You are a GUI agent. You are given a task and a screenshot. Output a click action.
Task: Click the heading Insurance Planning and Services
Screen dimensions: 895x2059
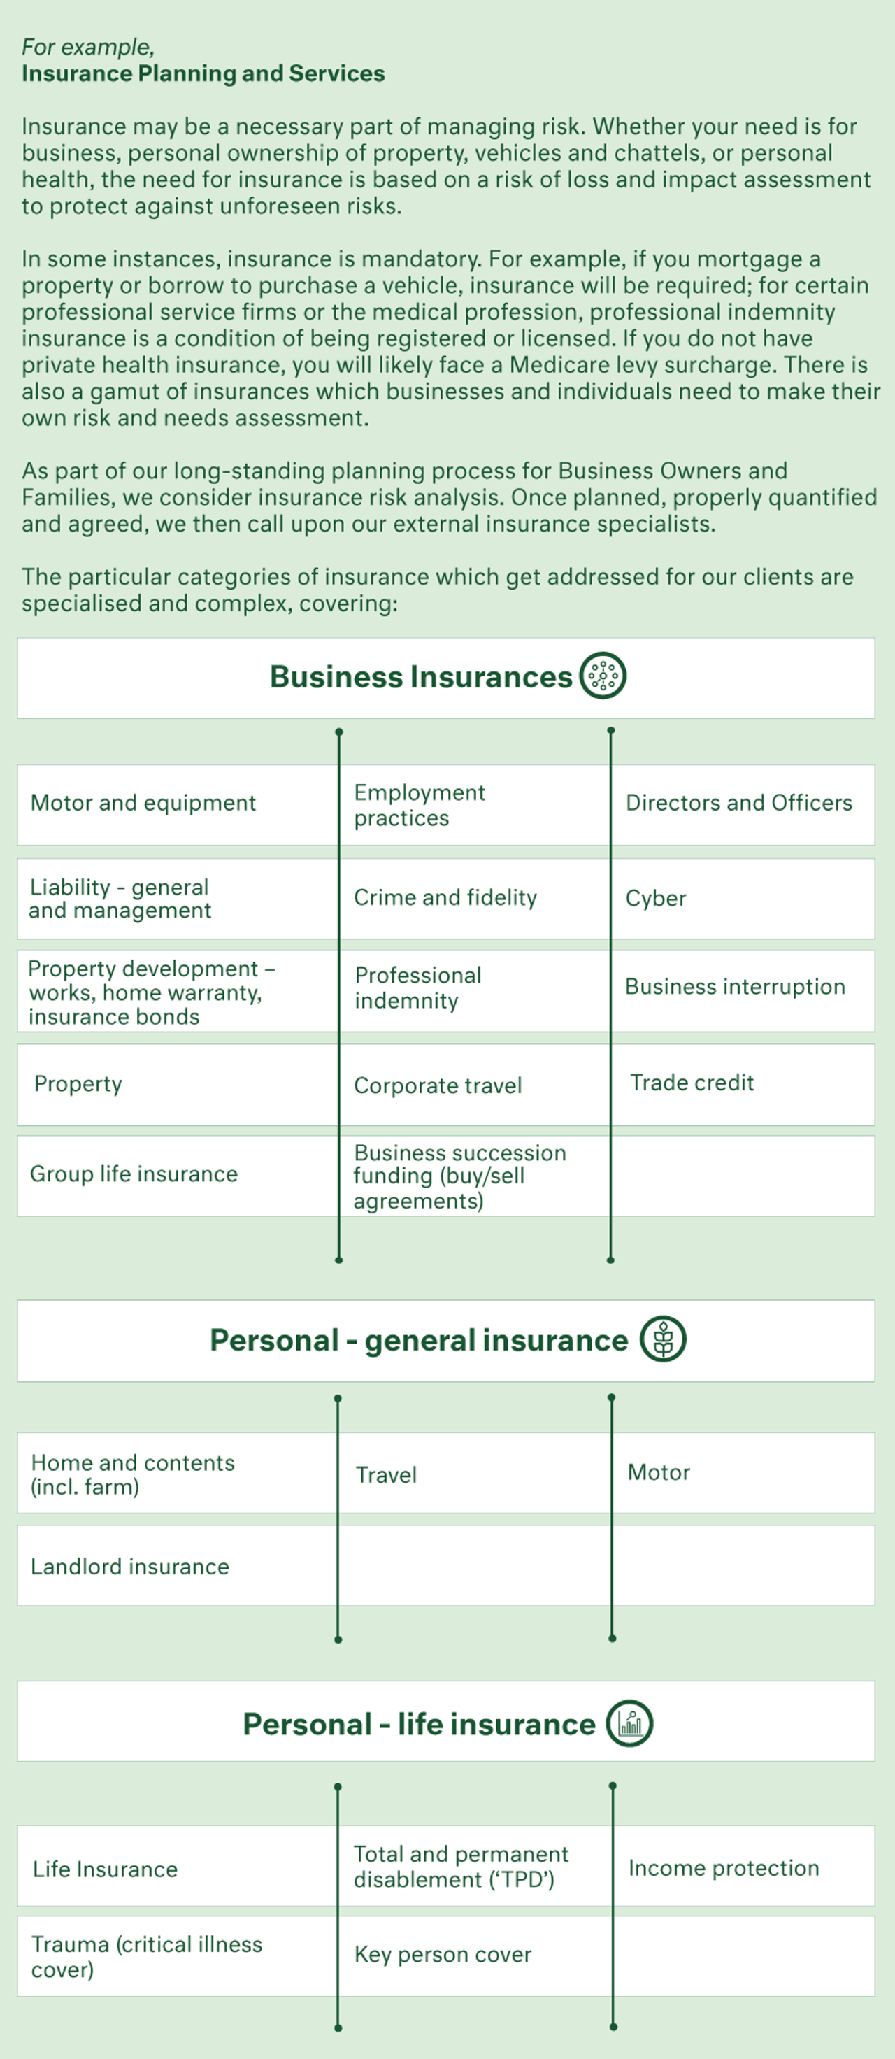(203, 73)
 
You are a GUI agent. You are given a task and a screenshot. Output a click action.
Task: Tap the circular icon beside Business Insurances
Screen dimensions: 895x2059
(603, 676)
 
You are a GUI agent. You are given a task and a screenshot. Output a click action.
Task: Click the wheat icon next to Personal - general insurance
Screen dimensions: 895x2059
(664, 1339)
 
